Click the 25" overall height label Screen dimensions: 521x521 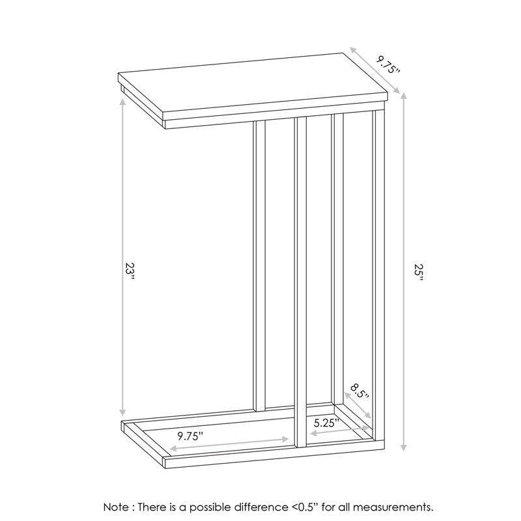point(419,273)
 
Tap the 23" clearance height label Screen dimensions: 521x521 point(130,272)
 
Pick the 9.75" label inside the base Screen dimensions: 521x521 point(190,436)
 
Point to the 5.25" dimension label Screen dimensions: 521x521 point(326,423)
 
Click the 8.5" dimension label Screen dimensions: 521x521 point(359,393)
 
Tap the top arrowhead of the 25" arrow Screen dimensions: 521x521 point(404,96)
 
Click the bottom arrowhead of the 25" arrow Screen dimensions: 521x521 point(404,447)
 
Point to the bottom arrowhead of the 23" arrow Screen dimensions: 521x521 point(122,412)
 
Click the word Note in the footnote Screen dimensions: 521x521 point(117,507)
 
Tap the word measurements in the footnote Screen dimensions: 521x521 point(393,507)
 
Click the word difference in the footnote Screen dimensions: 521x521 point(262,507)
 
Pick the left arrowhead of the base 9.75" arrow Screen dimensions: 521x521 point(174,449)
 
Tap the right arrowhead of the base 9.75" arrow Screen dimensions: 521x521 point(285,439)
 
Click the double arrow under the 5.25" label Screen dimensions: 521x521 point(339,430)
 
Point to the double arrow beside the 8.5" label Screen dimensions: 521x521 point(358,405)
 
